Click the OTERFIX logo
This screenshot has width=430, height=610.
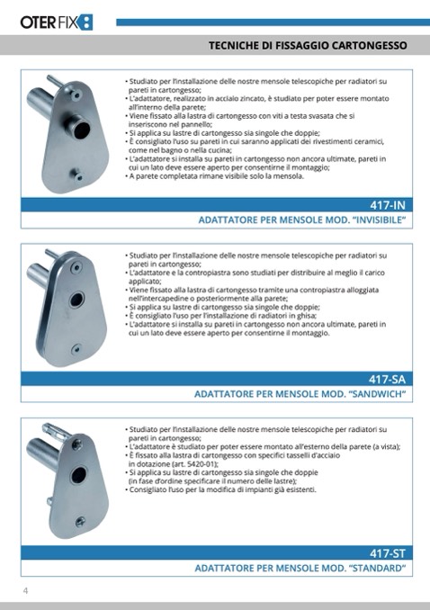tap(57, 22)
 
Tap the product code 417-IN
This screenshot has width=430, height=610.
tap(388, 204)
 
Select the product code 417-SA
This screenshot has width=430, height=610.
tap(387, 379)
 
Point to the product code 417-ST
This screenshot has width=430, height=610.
tap(388, 552)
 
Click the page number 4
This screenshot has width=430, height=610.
tap(26, 590)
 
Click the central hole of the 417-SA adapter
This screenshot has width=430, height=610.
tap(76, 300)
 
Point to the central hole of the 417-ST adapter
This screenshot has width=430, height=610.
tap(78, 475)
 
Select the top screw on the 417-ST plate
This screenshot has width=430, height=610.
tap(77, 444)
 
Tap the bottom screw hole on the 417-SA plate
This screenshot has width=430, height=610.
tap(76, 348)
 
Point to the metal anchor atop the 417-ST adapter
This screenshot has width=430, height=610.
tap(56, 429)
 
